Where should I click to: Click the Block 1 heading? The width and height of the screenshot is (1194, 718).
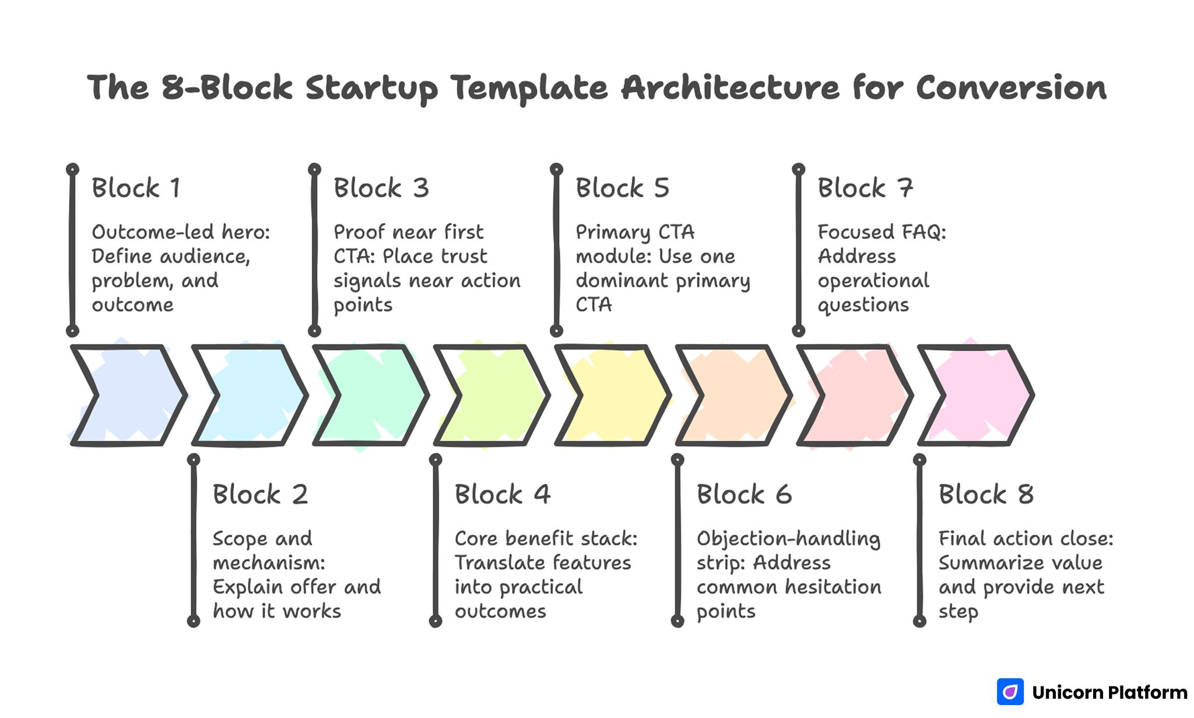point(136,188)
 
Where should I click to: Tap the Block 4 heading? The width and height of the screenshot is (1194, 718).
point(503,495)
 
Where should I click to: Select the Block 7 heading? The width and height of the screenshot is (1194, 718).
point(865,188)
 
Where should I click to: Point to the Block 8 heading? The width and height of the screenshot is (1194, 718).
point(986,495)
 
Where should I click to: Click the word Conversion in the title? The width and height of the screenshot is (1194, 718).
point(1011,88)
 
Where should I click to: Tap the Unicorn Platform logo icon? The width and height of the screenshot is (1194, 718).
point(1010,692)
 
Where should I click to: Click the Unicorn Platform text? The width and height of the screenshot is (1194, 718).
point(1109,692)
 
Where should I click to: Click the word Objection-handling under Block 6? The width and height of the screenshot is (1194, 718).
point(788,539)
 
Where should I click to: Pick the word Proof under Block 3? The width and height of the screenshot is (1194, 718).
point(359,232)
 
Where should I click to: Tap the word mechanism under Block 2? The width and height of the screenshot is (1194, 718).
point(268,563)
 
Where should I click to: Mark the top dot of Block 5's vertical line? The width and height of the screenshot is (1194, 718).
point(556,170)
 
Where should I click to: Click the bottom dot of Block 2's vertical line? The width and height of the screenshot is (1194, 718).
point(194,621)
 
